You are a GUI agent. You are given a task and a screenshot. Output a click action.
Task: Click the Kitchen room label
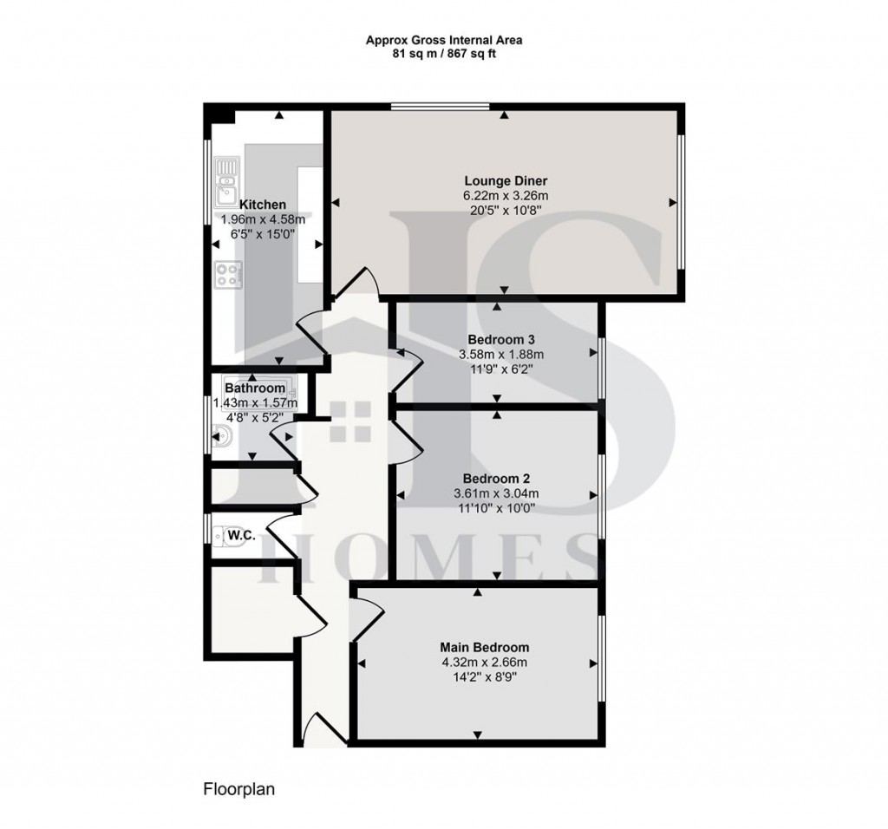point(263,205)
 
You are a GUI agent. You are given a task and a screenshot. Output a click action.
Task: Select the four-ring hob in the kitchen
point(227,275)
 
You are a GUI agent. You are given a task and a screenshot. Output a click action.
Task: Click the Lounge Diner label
point(506,180)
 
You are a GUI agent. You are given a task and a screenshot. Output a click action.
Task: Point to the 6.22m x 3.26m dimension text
point(506,196)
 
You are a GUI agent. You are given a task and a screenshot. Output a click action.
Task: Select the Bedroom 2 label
point(496,479)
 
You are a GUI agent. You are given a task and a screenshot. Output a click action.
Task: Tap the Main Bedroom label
point(484,647)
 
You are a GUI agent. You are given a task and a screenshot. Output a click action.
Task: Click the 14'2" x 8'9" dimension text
point(484,678)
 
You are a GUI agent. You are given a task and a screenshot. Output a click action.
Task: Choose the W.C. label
point(241,537)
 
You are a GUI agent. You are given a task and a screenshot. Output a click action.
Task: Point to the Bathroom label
point(255,388)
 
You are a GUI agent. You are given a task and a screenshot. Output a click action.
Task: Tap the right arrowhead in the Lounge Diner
point(672,202)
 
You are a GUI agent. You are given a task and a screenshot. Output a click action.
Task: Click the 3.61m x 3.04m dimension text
point(496,494)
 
